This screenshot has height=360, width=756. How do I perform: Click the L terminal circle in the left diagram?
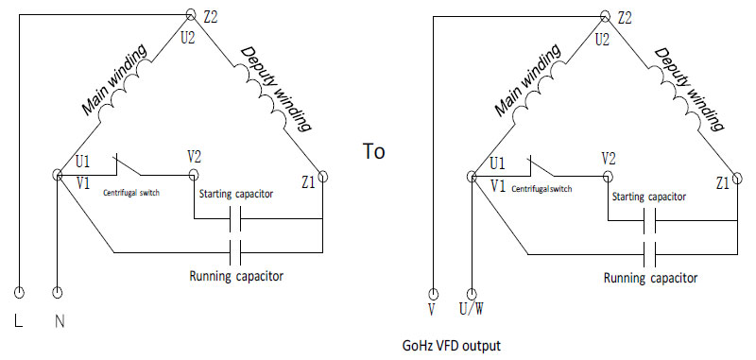pos(19,293)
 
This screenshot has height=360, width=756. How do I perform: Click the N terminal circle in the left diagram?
pos(59,293)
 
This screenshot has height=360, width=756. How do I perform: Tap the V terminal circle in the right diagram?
pos(433,294)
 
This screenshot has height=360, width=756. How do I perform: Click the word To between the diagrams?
pos(375,151)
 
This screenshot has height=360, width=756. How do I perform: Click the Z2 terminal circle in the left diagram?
pos(184,16)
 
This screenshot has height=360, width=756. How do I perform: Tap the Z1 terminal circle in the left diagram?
pos(322,176)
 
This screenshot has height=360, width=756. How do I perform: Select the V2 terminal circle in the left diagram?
pos(194,176)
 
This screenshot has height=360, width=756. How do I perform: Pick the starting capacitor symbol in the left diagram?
pos(237,221)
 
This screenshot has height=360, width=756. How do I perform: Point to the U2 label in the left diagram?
pos(189,40)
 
